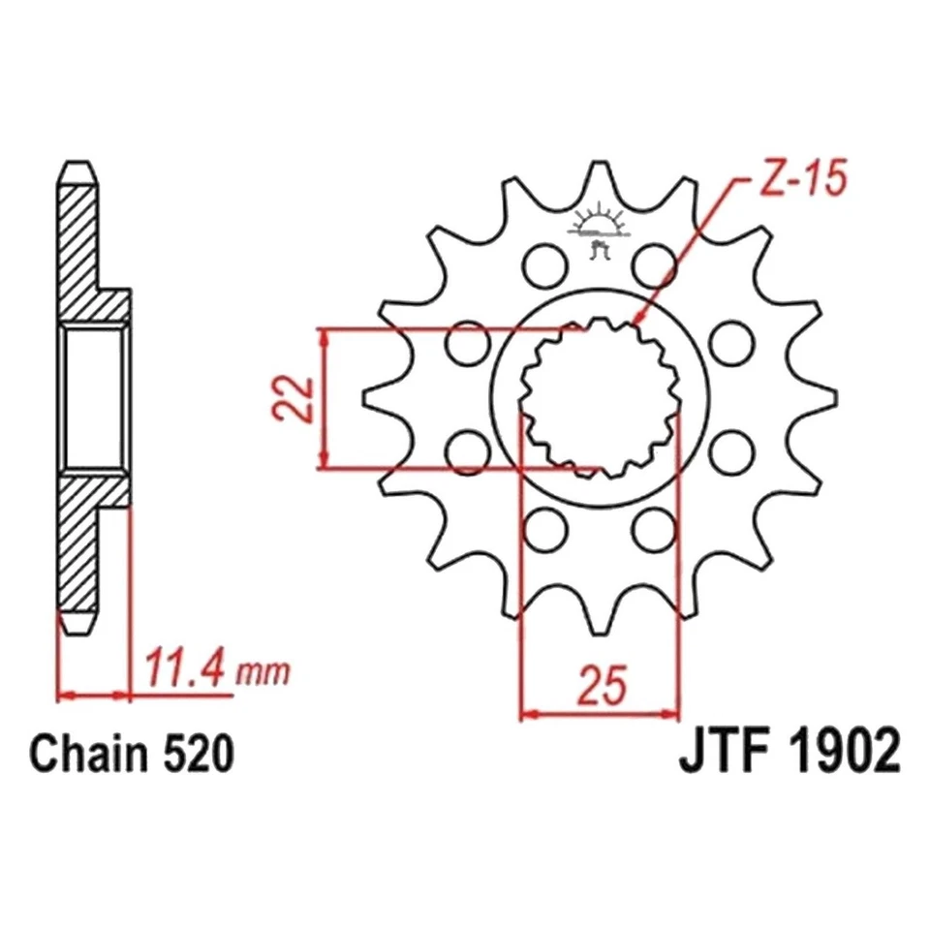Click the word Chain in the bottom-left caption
[87, 753]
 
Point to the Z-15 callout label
[791, 181]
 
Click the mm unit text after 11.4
[263, 671]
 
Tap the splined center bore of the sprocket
[598, 398]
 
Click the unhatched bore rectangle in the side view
[94, 397]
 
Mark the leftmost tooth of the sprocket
[373, 397]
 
